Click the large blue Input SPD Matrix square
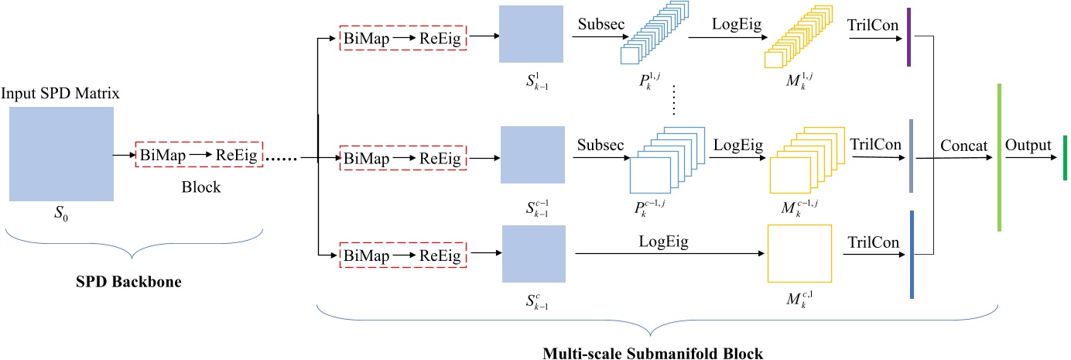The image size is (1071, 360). click(62, 154)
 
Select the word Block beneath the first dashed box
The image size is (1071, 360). click(200, 187)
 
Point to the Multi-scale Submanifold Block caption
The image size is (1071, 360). click(654, 353)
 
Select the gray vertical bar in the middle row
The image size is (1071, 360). click(912, 155)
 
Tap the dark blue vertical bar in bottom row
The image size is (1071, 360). click(912, 254)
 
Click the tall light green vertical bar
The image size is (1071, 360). click(1000, 157)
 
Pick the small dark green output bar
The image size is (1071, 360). click(1065, 158)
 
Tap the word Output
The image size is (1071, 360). click(1028, 146)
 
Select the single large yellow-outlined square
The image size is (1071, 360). click(799, 253)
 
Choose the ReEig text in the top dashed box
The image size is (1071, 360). click(439, 39)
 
